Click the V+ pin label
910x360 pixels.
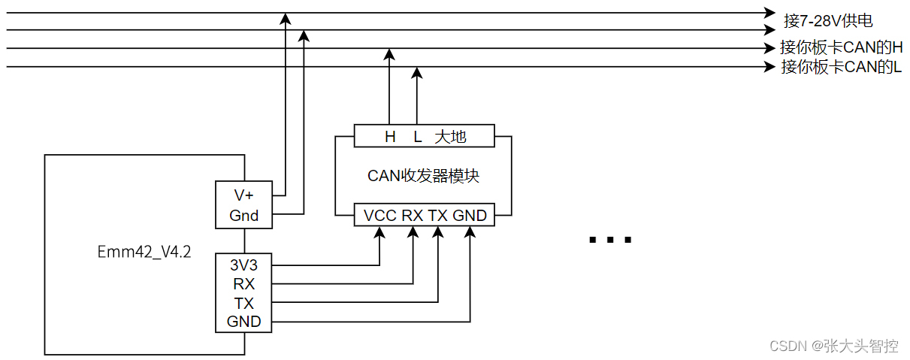(x=243, y=195)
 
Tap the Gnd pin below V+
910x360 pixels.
(x=243, y=216)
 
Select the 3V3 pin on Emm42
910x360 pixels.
(x=243, y=265)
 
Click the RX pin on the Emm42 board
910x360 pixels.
(x=243, y=284)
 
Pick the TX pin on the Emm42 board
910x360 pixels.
(x=243, y=304)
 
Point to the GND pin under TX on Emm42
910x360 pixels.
(x=243, y=322)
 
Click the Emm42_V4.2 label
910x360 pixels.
(x=144, y=252)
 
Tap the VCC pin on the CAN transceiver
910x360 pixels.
(x=379, y=216)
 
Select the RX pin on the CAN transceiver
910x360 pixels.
(x=412, y=216)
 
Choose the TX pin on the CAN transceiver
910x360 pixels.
(x=438, y=216)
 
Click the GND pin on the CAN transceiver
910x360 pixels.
(x=470, y=216)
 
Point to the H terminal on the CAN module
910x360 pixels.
(x=390, y=137)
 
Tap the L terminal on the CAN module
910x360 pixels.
(x=418, y=137)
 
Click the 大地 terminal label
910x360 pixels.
(x=451, y=137)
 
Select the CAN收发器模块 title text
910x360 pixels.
(x=423, y=176)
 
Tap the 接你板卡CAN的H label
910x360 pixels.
(x=841, y=47)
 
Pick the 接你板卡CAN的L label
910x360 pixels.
(x=841, y=67)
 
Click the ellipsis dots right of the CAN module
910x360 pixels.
(x=610, y=241)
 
